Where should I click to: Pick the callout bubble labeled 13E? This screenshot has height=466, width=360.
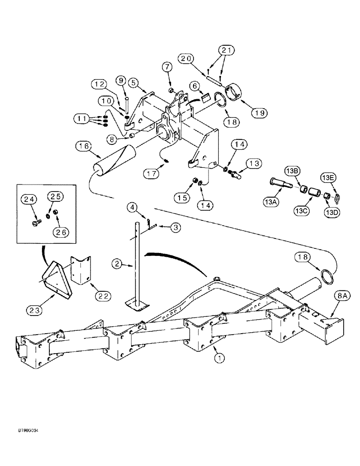[327, 178]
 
